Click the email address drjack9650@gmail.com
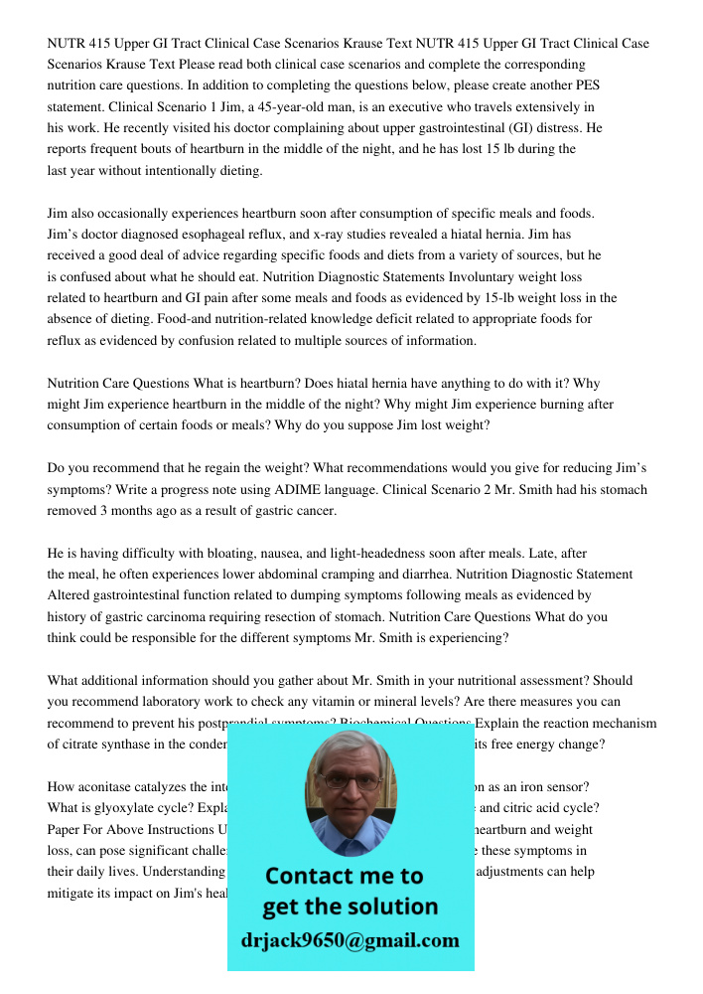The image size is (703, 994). [x=351, y=940]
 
